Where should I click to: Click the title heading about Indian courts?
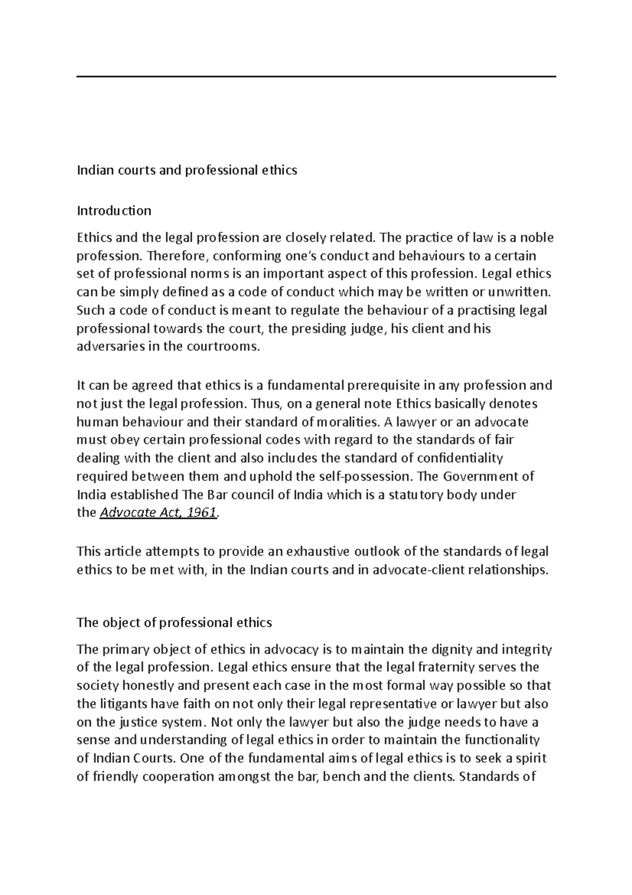[x=187, y=170]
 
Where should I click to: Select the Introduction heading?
[x=114, y=211]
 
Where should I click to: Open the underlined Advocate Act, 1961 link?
[x=158, y=513]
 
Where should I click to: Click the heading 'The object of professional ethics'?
[x=174, y=622]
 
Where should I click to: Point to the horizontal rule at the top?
[x=316, y=77]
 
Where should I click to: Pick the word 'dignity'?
[x=453, y=649]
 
